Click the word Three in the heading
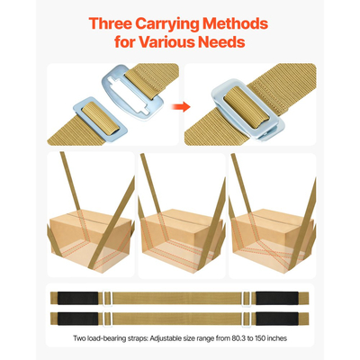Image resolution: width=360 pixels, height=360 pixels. click(x=110, y=23)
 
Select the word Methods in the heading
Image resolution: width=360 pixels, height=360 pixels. click(x=235, y=23)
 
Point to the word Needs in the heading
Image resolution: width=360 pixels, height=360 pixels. click(x=221, y=41)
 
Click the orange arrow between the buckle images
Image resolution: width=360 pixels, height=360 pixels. click(x=181, y=106)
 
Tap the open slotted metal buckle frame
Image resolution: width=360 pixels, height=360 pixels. click(x=133, y=94)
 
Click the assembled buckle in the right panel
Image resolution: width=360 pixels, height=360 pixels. click(x=247, y=110)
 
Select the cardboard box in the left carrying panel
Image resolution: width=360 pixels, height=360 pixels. click(x=91, y=241)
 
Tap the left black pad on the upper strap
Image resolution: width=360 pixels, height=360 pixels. click(x=77, y=298)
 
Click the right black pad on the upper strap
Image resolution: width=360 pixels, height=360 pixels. click(x=277, y=298)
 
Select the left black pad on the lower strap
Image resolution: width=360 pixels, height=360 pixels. click(x=77, y=319)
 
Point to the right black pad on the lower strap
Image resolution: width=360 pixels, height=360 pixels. click(x=277, y=319)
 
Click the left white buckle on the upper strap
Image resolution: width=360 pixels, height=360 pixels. click(x=107, y=298)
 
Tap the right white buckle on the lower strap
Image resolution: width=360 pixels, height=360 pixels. click(x=247, y=319)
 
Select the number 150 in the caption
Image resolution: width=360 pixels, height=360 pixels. click(x=260, y=338)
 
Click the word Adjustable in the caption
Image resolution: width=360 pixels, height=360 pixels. click(x=164, y=338)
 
